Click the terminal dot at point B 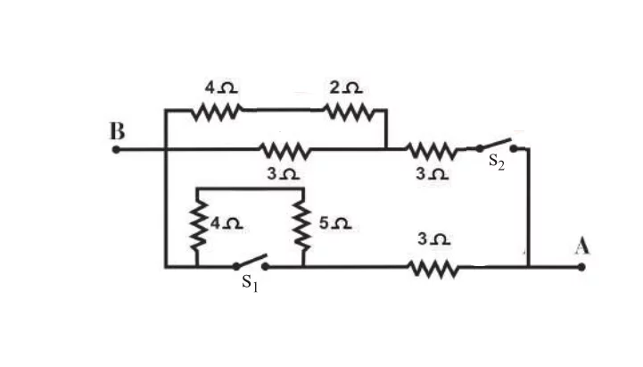tap(116, 150)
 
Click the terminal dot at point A tap(581, 267)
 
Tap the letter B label tap(118, 131)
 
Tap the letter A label tap(582, 246)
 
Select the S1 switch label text tap(250, 283)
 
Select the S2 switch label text tap(497, 162)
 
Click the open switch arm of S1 tap(251, 261)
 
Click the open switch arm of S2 tap(496, 145)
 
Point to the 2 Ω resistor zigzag tap(349, 111)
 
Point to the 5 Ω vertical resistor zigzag tap(303, 226)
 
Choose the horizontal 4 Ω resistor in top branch tap(217, 111)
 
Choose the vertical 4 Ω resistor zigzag tap(197, 226)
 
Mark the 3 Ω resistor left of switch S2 tap(431, 151)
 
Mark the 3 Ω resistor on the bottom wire tap(433, 269)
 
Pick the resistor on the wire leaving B tap(285, 151)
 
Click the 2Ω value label tap(346, 87)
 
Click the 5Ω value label tap(335, 223)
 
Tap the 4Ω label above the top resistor tap(221, 87)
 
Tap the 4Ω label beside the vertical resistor tap(227, 223)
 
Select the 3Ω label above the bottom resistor tap(433, 239)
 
